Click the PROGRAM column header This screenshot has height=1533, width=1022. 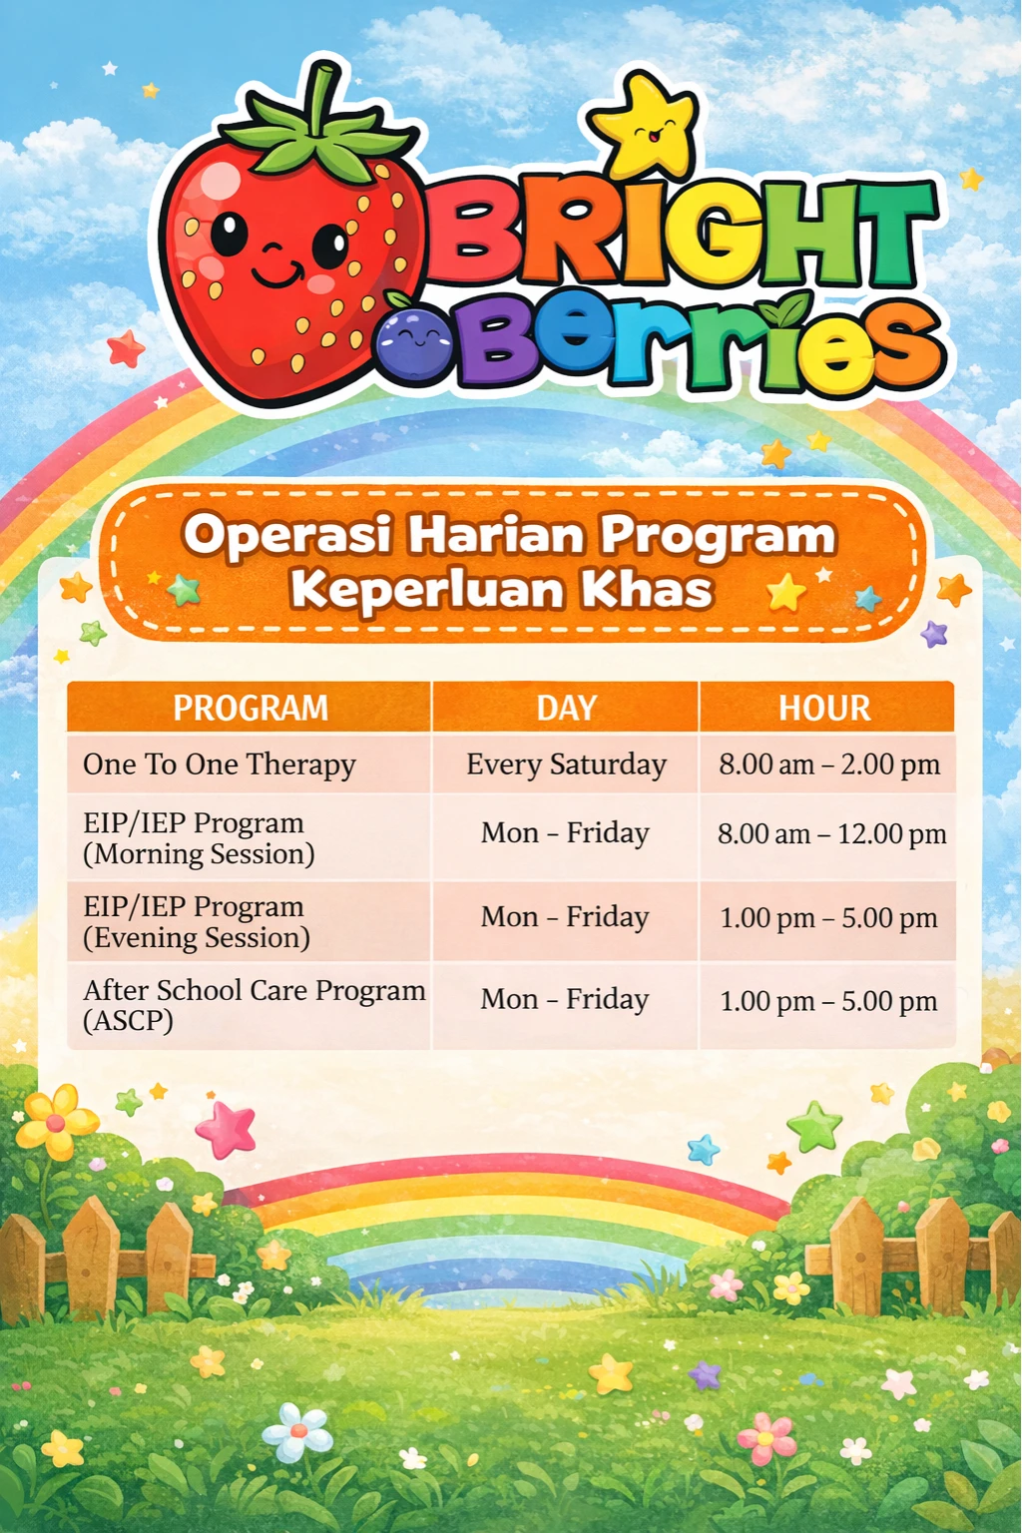[250, 708]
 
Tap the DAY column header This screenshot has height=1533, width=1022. [566, 708]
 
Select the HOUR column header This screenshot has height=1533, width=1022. [824, 708]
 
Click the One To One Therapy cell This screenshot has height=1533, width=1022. [220, 765]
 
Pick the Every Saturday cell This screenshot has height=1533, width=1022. [566, 765]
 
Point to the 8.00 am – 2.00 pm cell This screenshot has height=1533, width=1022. [829, 765]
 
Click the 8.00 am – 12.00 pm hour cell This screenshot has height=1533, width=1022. [831, 833]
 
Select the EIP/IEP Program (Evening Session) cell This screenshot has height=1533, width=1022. [196, 921]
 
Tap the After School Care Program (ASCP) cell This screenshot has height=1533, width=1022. [254, 1004]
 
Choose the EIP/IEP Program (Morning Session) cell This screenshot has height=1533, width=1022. [199, 837]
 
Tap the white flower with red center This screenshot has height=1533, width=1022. [297, 1432]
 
